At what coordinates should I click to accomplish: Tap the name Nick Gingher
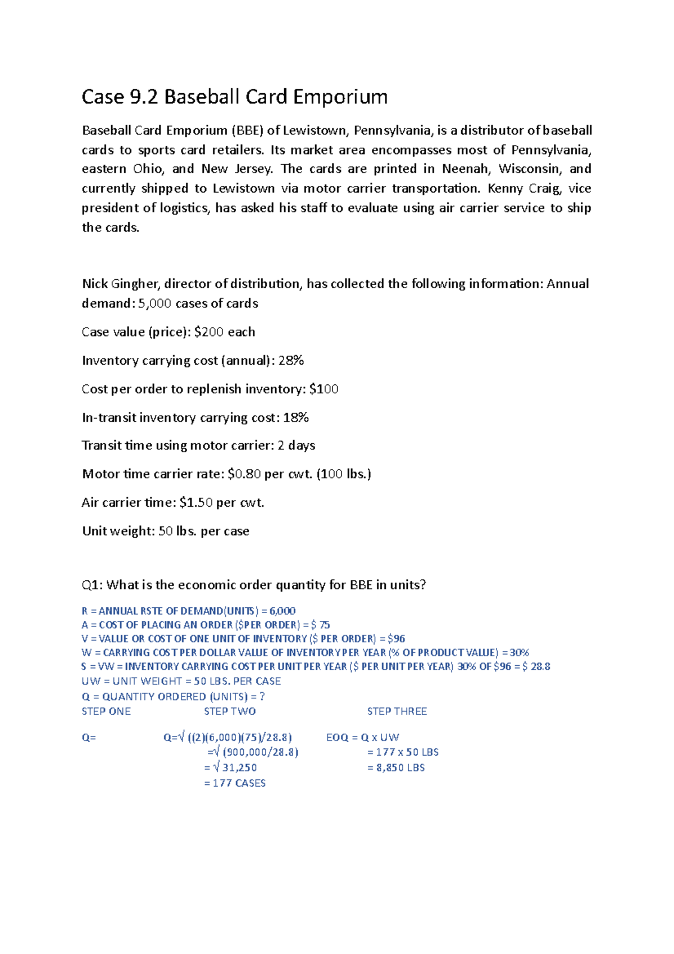click(120, 284)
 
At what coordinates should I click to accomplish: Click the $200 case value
click(209, 332)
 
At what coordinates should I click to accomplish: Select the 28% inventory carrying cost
click(291, 361)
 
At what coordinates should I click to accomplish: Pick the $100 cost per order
click(324, 389)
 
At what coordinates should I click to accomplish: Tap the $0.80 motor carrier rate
click(244, 474)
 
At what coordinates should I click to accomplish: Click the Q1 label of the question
click(92, 585)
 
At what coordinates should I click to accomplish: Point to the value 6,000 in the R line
click(283, 611)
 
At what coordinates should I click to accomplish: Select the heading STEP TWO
click(230, 711)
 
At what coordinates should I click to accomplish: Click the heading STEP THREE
click(397, 711)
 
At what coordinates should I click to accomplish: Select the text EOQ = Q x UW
click(363, 737)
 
